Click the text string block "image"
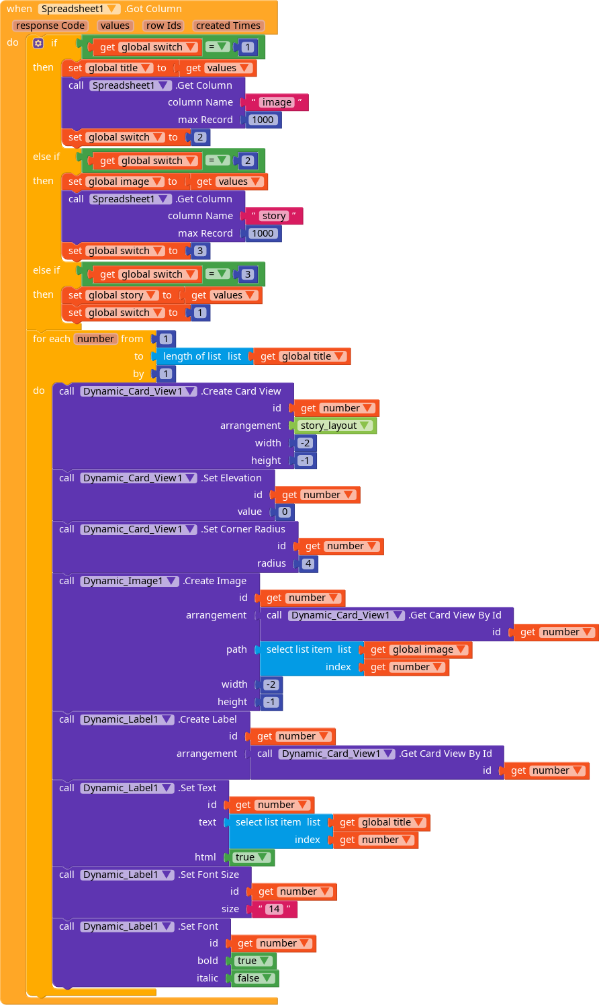(x=276, y=102)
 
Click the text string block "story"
(x=273, y=216)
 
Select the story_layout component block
(x=334, y=426)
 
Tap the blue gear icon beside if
(x=38, y=43)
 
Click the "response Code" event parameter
(x=50, y=26)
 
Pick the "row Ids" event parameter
(x=164, y=26)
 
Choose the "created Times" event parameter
(x=228, y=26)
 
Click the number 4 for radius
(x=308, y=563)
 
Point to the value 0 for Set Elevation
(x=285, y=512)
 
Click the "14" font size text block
(x=274, y=909)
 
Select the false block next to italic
(x=254, y=978)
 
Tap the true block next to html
(x=251, y=857)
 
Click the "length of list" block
(x=203, y=356)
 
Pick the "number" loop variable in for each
(x=95, y=339)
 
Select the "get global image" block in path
(x=418, y=649)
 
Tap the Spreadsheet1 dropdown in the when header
(x=79, y=9)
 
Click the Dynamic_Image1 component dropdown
(x=130, y=581)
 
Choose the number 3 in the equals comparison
(x=248, y=274)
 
